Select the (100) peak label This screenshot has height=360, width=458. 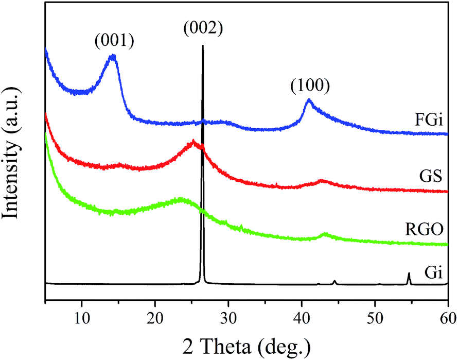tap(309, 85)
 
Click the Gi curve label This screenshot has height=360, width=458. tap(435, 269)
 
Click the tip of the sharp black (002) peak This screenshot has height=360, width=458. tap(203, 46)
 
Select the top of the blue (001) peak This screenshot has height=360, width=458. tap(113, 56)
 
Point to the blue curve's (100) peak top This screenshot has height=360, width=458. tap(309, 99)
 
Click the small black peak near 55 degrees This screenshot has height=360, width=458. tap(409, 273)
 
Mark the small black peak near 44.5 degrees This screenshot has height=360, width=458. tap(334, 281)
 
